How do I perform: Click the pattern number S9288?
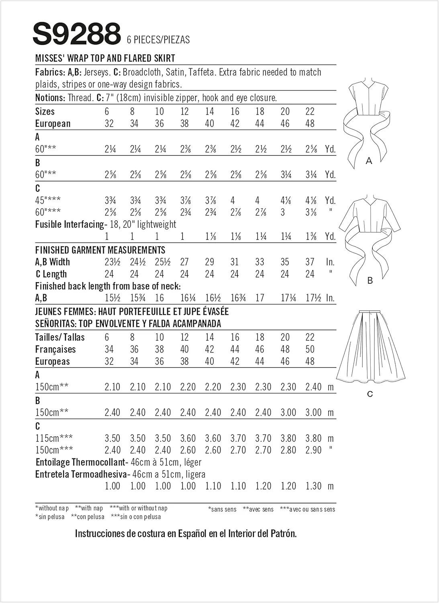76,34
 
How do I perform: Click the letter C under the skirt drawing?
370,394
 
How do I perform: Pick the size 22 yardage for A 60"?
311,149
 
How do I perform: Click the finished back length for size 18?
260,298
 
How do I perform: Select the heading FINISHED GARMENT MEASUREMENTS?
100,250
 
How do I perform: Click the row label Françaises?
55,349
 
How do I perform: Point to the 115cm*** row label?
54,438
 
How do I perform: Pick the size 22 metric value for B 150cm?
313,412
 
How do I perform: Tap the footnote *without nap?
52,508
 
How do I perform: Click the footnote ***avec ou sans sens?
307,509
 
